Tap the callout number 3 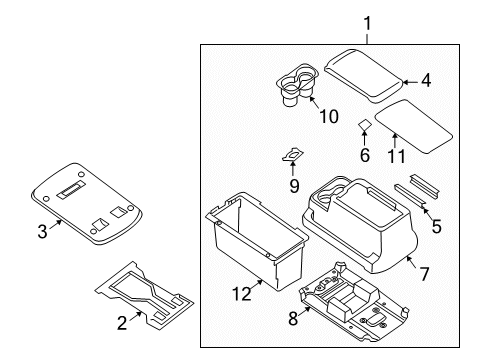point(43,232)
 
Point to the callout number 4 point(426,79)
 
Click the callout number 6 point(364,155)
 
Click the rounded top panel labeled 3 point(87,202)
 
